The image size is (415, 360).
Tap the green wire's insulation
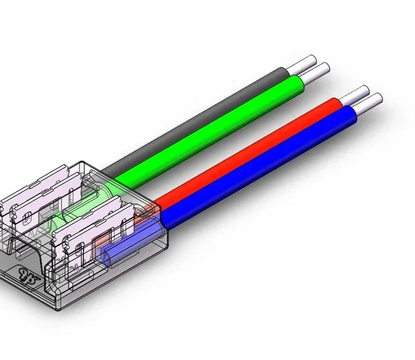click(x=221, y=131)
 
